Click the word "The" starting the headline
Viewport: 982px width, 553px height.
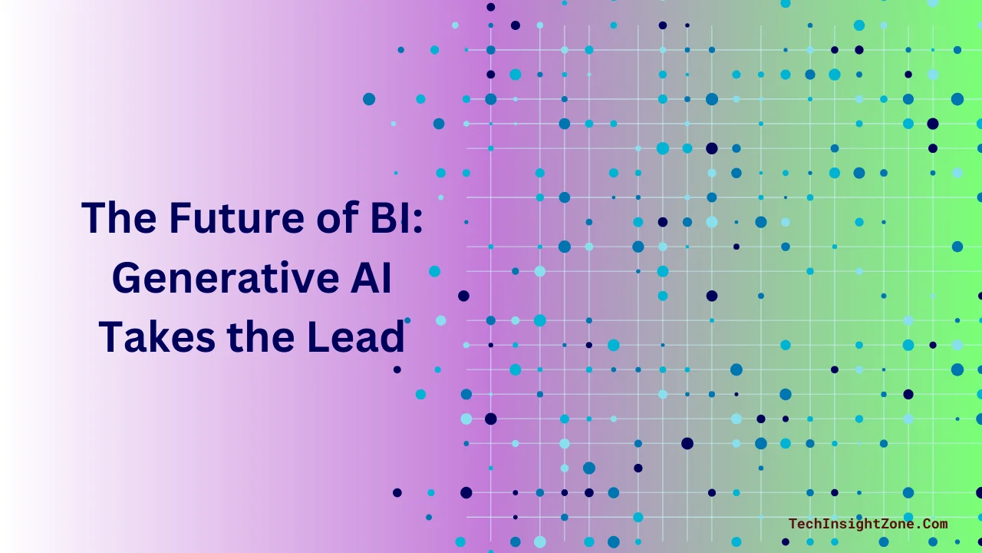pos(113,218)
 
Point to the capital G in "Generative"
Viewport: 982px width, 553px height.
pos(127,278)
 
